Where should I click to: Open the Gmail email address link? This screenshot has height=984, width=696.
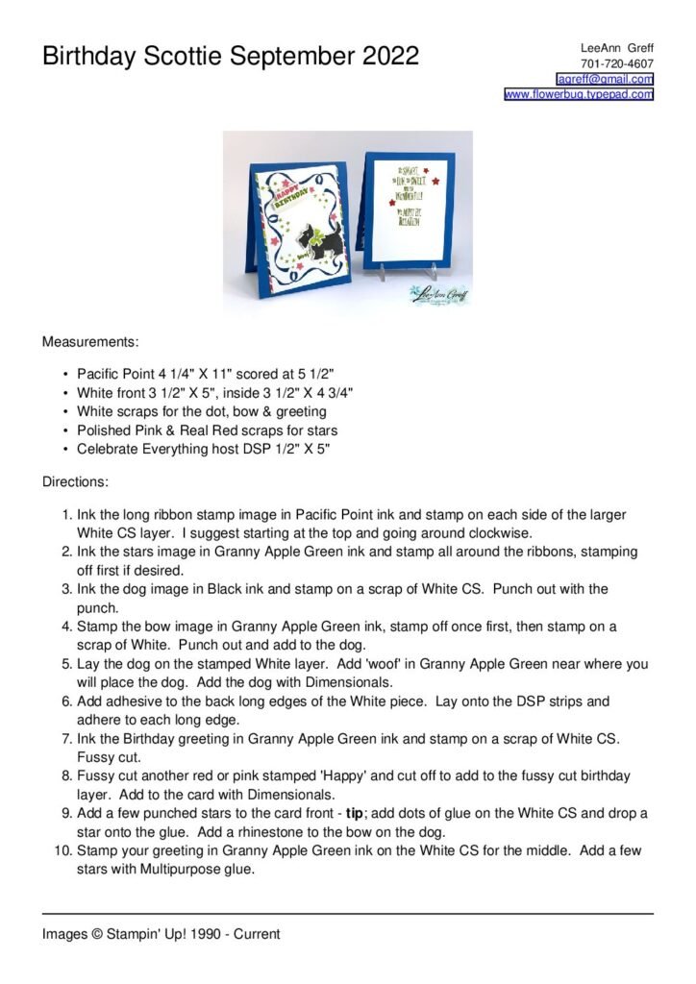tap(606, 79)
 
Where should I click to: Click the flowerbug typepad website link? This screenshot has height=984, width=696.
tap(579, 94)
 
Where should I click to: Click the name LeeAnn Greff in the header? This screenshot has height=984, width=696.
tap(617, 48)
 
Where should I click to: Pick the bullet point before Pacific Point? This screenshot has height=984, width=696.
tap(64, 373)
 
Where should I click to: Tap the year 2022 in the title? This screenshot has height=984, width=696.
tap(390, 57)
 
